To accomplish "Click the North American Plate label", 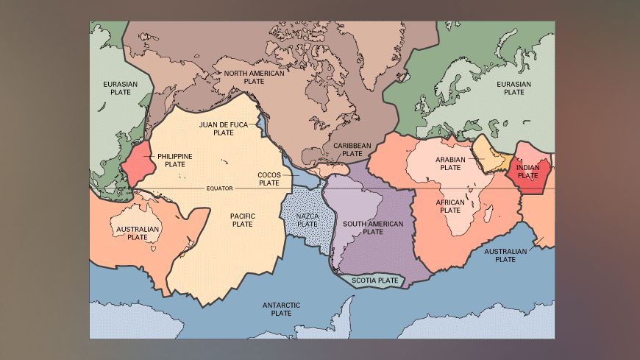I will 244,77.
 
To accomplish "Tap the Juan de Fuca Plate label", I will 223,129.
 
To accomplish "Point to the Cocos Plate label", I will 269,178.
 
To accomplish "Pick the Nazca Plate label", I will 307,219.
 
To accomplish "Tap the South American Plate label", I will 373,227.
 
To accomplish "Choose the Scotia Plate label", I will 374,280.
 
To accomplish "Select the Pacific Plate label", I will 243,219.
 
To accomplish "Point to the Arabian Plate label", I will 448,163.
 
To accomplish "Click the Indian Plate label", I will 527,172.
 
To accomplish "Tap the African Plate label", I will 449,206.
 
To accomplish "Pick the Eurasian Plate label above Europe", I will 513,88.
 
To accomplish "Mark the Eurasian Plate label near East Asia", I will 120,88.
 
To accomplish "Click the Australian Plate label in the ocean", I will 505,255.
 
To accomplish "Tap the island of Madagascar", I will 488,214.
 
